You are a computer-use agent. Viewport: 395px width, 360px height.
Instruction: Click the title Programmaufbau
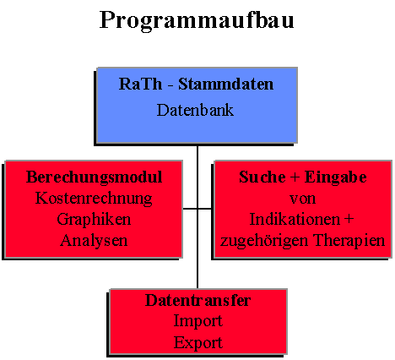[197, 21]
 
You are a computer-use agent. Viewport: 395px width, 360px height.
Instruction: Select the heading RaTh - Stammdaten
[196, 84]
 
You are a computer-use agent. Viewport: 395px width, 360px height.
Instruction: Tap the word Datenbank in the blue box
[195, 110]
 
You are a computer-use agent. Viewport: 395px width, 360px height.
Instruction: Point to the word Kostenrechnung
[94, 199]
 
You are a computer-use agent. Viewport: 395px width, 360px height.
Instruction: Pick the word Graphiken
[94, 220]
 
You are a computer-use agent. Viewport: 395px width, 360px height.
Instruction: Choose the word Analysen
[94, 241]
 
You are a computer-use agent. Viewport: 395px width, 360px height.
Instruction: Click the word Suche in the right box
[262, 177]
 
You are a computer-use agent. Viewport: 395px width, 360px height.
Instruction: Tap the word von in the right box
[303, 199]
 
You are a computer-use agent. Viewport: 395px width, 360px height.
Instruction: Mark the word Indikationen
[295, 219]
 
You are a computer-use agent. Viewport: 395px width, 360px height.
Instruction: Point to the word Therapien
[349, 241]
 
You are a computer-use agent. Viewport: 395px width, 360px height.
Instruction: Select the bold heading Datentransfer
[197, 300]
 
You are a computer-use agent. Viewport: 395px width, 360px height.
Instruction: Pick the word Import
[198, 321]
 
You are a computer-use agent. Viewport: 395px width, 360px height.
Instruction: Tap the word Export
[198, 343]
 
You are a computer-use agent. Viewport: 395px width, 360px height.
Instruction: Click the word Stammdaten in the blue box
[226, 84]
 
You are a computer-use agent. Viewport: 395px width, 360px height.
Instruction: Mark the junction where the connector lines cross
[197, 209]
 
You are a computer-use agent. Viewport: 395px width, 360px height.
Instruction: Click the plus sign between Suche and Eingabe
[295, 177]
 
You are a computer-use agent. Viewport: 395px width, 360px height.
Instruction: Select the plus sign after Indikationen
[349, 220]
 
